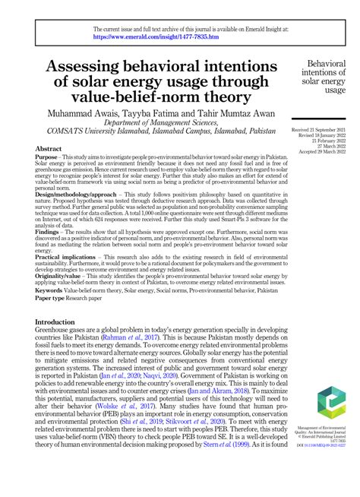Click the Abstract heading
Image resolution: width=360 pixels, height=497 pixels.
[49, 150]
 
